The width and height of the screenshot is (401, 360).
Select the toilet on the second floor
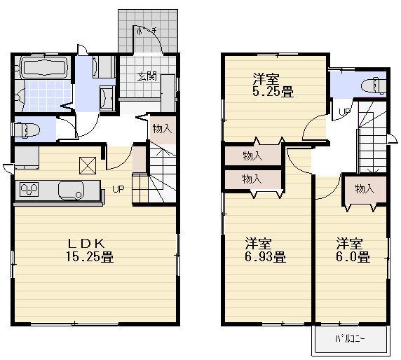pos(371,85)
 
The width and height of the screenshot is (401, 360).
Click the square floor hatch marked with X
pos(88,165)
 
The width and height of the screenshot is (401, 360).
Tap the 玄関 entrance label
pos(147,76)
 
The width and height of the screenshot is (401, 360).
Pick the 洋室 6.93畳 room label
pos(265,250)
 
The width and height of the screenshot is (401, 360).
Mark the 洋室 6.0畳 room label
pos(352,250)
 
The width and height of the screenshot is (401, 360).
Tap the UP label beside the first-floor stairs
pos(118,189)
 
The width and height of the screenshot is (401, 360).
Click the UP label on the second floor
pos(344,112)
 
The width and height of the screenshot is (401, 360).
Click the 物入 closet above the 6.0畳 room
pos(363,189)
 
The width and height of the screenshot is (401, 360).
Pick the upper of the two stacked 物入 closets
pos(252,155)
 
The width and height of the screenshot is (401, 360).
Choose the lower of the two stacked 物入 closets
pos(252,179)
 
